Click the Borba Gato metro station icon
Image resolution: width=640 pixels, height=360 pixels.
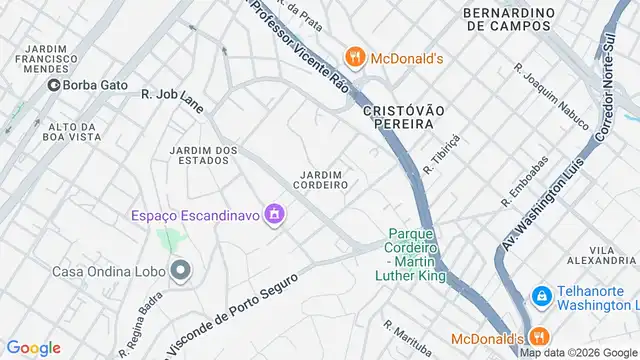(x=52, y=86)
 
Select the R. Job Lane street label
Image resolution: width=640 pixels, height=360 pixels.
(x=171, y=95)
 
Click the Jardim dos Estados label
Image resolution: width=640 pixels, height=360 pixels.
(x=204, y=157)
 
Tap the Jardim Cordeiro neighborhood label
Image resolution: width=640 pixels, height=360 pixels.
(x=321, y=180)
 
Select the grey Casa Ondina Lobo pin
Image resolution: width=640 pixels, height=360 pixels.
(x=180, y=270)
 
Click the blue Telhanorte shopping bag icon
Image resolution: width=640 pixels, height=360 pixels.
(x=541, y=296)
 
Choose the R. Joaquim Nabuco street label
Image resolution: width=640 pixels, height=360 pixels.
(x=551, y=97)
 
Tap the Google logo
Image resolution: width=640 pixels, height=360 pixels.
(x=33, y=347)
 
